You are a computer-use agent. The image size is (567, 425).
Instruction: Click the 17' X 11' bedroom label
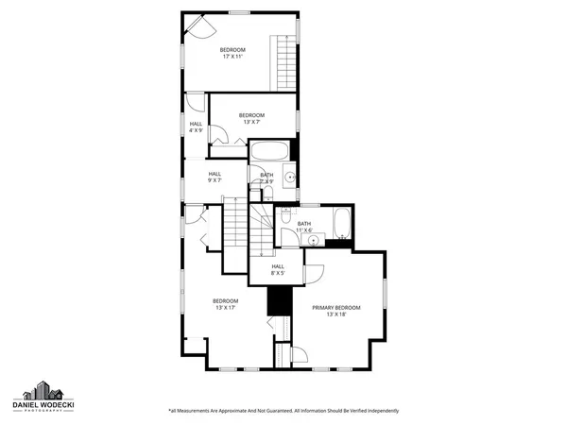[x=233, y=54]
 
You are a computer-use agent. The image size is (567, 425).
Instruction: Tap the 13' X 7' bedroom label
[x=251, y=120]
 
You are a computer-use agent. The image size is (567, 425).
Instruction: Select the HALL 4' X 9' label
[x=196, y=127]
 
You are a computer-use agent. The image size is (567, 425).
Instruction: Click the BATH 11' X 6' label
[x=304, y=227]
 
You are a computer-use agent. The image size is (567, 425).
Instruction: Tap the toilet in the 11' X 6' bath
[x=285, y=217]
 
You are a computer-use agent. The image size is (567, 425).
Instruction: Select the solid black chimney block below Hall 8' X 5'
[x=278, y=302]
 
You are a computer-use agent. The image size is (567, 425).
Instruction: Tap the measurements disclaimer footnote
[x=283, y=411]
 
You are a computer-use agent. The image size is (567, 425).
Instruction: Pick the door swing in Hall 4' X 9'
[x=194, y=103]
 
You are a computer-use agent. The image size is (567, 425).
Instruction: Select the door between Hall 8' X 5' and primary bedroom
[x=314, y=274]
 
